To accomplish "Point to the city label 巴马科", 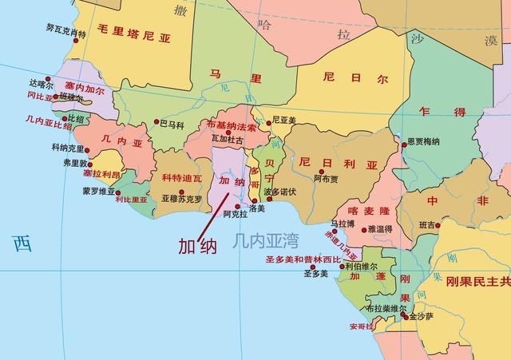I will click(172, 125).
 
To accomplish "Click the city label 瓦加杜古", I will click(227, 139).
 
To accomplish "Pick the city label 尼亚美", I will click(283, 121).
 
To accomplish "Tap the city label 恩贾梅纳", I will click(422, 141).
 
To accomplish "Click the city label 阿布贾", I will click(325, 180).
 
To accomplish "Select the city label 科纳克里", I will click(68, 148).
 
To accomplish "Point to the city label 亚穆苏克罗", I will click(181, 199).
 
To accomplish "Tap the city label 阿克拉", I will click(236, 214).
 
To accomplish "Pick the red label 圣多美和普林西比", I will click(303, 259).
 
